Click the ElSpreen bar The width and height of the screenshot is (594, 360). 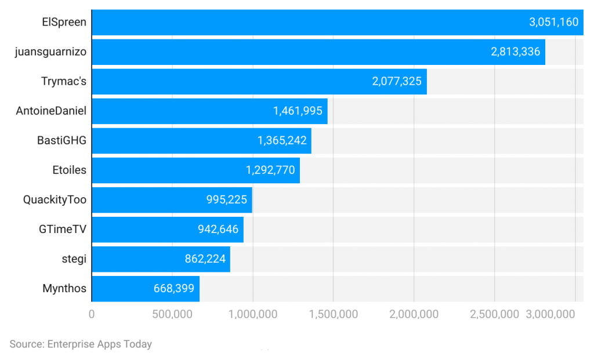337,23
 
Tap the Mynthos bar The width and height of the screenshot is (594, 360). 146,288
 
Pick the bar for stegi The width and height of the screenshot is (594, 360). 161,259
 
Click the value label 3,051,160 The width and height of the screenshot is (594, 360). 553,23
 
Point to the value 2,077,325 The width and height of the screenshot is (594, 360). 397,81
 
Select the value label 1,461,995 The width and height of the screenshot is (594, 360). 298,111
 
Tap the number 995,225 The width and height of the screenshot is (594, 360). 226,199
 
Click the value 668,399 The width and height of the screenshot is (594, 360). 173,288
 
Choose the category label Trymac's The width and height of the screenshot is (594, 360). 64,81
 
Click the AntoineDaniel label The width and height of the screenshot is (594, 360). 51,111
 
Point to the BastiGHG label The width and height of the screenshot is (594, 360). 61,140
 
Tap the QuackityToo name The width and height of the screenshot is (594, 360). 55,199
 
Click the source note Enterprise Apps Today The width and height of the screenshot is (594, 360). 81,344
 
